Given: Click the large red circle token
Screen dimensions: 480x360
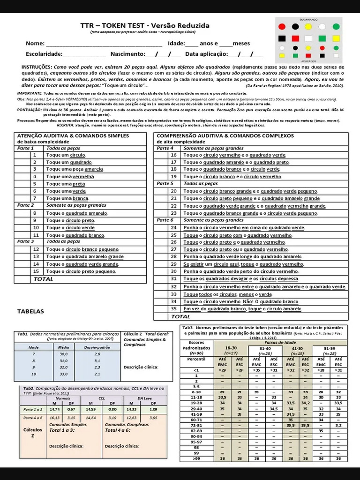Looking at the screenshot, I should click(282, 27).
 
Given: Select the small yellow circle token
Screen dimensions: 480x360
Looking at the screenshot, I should click(309, 47).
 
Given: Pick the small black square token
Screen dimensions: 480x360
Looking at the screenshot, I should click(296, 56).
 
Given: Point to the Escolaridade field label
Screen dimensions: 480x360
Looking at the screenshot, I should click(44, 54).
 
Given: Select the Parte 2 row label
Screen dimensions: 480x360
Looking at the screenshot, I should click(25, 205).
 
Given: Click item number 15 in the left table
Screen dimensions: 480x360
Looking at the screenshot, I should click(35, 271).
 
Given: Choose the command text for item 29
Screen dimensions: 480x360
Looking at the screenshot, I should click(242, 264).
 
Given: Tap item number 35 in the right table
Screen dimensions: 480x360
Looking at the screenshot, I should click(173, 309).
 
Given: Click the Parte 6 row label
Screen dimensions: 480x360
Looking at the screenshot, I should click(165, 220).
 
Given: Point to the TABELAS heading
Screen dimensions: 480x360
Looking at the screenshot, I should click(30, 311).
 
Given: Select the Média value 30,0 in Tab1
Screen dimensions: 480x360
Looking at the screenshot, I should click(64, 354).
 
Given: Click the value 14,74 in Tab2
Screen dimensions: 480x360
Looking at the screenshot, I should click(55, 409).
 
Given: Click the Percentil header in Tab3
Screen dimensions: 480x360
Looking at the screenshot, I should click(196, 358).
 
